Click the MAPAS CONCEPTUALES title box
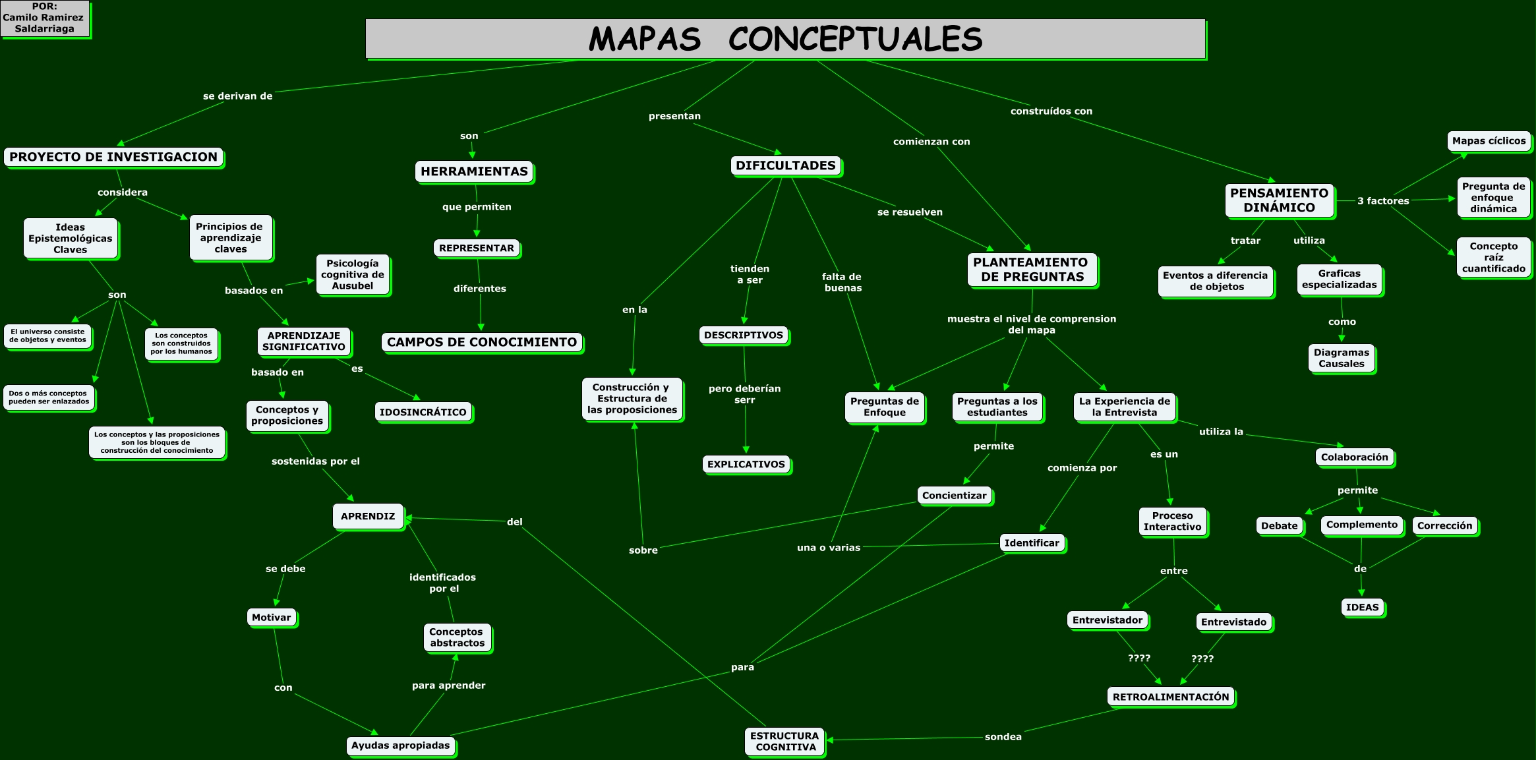pyautogui.click(x=785, y=39)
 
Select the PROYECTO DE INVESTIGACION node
pyautogui.click(x=113, y=158)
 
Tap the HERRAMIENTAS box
pyautogui.click(x=474, y=171)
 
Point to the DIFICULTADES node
pyautogui.click(x=785, y=165)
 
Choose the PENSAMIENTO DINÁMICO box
pyautogui.click(x=1279, y=200)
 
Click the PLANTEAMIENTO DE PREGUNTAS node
pyautogui.click(x=1032, y=270)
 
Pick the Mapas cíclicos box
pyautogui.click(x=1489, y=141)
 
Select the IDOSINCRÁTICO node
pyautogui.click(x=423, y=412)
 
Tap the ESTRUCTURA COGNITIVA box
pyautogui.click(x=784, y=742)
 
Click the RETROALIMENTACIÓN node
pyautogui.click(x=1170, y=697)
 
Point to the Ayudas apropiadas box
pyautogui.click(x=400, y=745)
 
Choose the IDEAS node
pyautogui.click(x=1362, y=607)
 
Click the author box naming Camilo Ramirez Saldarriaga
pyautogui.click(x=45, y=18)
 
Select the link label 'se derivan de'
pyautogui.click(x=237, y=96)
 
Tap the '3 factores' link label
pyautogui.click(x=1382, y=201)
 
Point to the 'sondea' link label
pyautogui.click(x=1003, y=737)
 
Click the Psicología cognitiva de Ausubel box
pyautogui.click(x=353, y=275)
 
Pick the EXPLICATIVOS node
pyautogui.click(x=746, y=464)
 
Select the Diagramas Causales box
pyautogui.click(x=1341, y=359)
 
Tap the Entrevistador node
pyautogui.click(x=1107, y=620)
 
